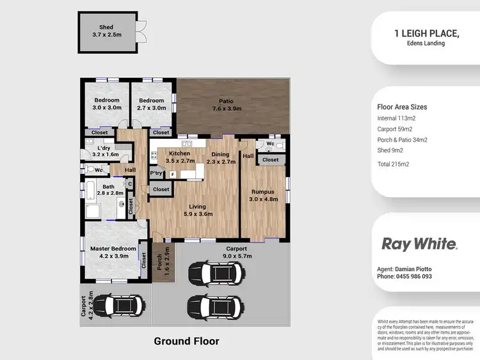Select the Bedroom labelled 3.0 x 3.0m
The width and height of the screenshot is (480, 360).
click(107, 104)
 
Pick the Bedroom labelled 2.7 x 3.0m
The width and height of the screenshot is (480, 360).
click(152, 104)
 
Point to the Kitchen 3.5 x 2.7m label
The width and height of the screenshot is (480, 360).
click(180, 157)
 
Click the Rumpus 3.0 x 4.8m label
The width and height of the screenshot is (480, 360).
click(263, 195)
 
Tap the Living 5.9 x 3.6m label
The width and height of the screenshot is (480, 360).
click(197, 210)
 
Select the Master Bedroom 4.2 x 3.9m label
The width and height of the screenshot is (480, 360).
click(113, 252)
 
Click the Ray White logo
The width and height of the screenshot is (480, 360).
click(419, 244)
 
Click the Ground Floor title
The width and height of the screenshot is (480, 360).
click(186, 341)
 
